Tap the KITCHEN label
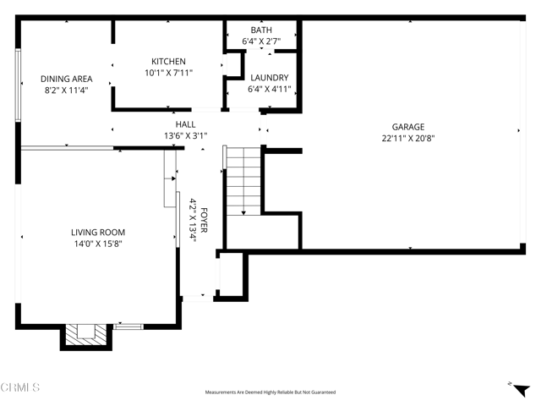click(168, 62)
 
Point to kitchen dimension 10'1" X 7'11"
click(168, 73)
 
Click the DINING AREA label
click(68, 79)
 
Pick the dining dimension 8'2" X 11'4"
click(66, 90)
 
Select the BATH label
click(261, 29)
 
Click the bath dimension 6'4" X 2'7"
click(261, 40)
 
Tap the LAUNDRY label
click(268, 78)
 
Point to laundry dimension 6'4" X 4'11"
click(268, 89)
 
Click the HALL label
click(185, 123)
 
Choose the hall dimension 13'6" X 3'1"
click(185, 134)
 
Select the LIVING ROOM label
click(97, 232)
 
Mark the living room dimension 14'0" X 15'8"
click(97, 244)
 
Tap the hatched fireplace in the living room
click(85, 334)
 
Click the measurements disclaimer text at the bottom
click(270, 392)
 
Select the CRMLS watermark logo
click(20, 388)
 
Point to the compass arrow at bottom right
click(511, 383)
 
